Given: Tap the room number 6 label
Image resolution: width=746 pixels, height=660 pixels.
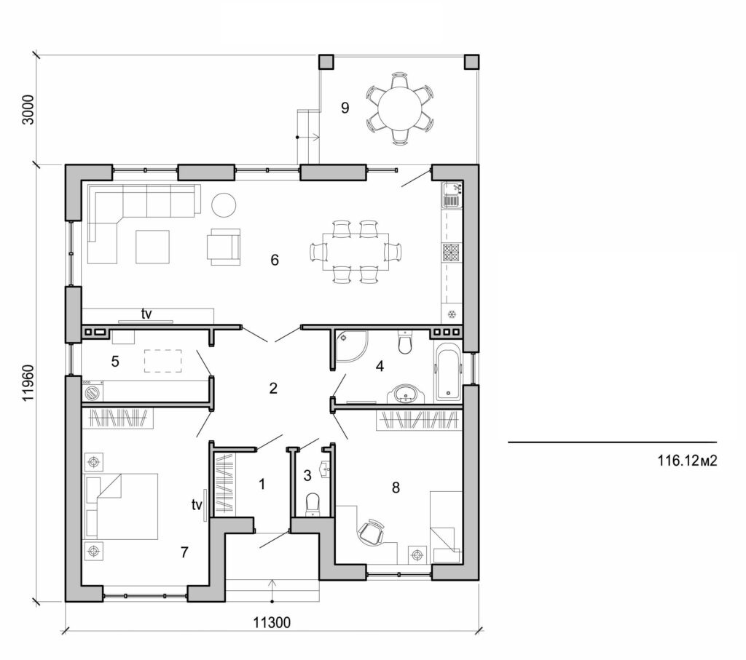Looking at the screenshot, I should (275, 260).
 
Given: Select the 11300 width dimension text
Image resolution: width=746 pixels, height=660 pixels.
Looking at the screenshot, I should (272, 622).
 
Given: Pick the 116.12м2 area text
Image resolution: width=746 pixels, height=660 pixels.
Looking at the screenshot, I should (683, 460).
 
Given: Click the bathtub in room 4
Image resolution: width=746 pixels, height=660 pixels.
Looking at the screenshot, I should (447, 374).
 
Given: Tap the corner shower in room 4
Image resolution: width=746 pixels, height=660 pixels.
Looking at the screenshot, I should (351, 345).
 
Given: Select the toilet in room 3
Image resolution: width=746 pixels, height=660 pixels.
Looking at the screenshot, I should (313, 503).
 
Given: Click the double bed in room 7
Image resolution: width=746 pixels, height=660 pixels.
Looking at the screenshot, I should (122, 506).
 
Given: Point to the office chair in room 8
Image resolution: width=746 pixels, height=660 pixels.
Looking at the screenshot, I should (372, 532).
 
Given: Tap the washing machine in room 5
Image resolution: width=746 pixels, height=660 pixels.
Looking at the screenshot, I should (93, 393).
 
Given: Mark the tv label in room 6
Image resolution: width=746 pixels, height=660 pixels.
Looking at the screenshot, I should (146, 314).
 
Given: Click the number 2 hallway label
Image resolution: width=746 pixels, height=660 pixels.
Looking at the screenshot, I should (273, 388).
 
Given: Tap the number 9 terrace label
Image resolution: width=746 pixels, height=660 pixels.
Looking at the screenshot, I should (345, 108).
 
